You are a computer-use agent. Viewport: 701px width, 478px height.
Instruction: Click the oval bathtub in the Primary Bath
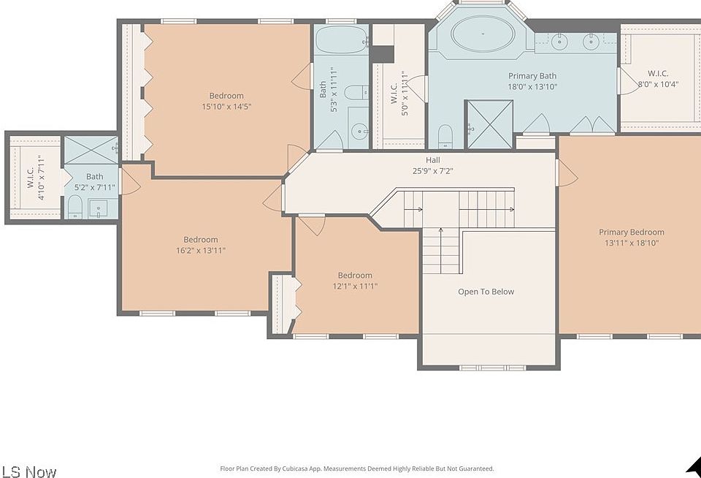(x=483, y=34)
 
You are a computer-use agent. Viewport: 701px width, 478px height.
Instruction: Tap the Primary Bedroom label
(x=631, y=232)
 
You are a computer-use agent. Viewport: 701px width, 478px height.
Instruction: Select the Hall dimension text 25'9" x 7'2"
(x=432, y=170)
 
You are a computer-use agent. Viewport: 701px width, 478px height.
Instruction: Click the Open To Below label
(x=486, y=292)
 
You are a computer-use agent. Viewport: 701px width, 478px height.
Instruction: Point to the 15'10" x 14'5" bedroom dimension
(x=226, y=107)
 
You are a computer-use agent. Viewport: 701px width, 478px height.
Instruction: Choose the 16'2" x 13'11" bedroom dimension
(x=200, y=251)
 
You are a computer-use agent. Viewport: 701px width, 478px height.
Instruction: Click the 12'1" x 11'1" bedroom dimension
(x=355, y=286)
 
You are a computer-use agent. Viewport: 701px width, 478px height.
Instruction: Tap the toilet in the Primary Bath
(x=445, y=136)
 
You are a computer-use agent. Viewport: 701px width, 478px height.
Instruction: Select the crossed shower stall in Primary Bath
(x=489, y=124)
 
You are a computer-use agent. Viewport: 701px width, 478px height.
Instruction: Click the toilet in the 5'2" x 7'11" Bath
(x=75, y=206)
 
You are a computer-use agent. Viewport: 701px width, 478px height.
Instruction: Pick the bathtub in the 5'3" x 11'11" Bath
(x=342, y=39)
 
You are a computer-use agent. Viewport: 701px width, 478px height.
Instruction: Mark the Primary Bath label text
(x=532, y=76)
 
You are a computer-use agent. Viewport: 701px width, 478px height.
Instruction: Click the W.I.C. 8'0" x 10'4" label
(x=658, y=79)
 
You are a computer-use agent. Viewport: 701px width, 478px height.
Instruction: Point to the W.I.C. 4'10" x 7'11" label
(x=35, y=178)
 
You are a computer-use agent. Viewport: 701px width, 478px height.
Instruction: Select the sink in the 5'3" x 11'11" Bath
(x=359, y=132)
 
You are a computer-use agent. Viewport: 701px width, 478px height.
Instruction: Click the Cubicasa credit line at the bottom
(x=357, y=468)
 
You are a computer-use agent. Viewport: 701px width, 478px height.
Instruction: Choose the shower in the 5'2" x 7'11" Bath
(x=91, y=150)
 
